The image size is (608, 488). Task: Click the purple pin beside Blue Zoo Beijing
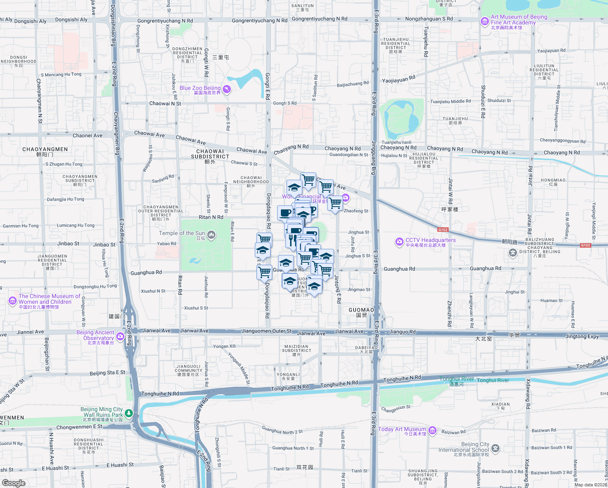pos(227,89)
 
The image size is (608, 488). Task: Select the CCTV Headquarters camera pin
pos(399,242)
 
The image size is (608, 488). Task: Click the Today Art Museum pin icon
pos(432,430)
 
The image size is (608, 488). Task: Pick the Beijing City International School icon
pos(495,448)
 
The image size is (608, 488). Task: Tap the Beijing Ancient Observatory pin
pos(120,336)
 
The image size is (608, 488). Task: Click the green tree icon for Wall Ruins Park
pos(129,413)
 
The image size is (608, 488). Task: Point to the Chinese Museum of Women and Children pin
pos(12,301)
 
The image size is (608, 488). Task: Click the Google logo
pos(13,483)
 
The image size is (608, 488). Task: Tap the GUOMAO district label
pos(361,310)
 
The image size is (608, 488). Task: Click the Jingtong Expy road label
pos(582,336)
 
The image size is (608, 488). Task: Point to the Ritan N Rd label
pos(211,217)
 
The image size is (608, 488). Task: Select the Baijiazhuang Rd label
pos(352,84)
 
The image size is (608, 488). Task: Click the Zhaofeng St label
pos(356,211)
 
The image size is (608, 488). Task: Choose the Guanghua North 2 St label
pos(282,430)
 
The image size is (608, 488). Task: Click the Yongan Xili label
pos(224,346)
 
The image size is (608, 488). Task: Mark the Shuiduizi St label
pos(499,100)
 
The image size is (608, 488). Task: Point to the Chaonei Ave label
pos(87,135)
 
